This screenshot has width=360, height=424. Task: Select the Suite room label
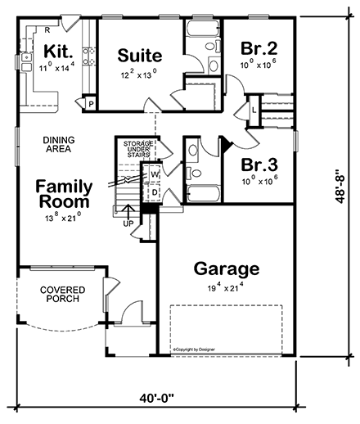(x=139, y=56)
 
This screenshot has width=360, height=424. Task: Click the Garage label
(x=226, y=268)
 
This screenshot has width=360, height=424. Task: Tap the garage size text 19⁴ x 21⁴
(x=226, y=288)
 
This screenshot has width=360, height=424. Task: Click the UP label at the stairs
(x=127, y=223)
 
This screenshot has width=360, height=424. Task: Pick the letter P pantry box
(x=89, y=103)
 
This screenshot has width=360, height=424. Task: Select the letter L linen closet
(x=255, y=108)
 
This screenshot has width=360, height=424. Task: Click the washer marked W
(x=154, y=174)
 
